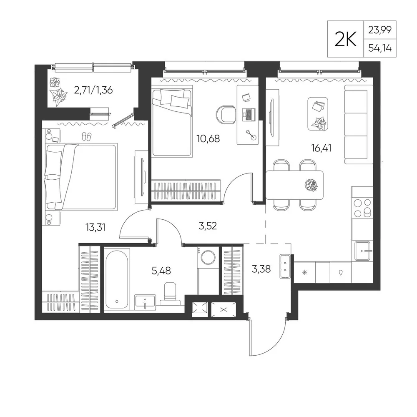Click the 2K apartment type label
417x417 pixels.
pyautogui.click(x=345, y=39)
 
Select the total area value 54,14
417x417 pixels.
pyautogui.click(x=380, y=48)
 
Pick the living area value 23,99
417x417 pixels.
pyautogui.click(x=380, y=30)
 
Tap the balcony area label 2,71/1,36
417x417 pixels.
pyautogui.click(x=93, y=90)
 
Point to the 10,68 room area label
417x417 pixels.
pyautogui.click(x=208, y=138)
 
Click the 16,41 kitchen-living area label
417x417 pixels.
pyautogui.click(x=321, y=148)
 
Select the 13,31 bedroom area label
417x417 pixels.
pyautogui.click(x=95, y=227)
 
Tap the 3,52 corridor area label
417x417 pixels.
pyautogui.click(x=207, y=226)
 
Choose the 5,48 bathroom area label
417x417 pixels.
pyautogui.click(x=161, y=271)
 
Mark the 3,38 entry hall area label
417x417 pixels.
pyautogui.click(x=261, y=269)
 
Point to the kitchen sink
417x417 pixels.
pyautogui.click(x=362, y=251)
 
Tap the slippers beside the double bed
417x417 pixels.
pyautogui.click(x=87, y=136)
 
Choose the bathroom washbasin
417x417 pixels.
pyautogui.click(x=145, y=302)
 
